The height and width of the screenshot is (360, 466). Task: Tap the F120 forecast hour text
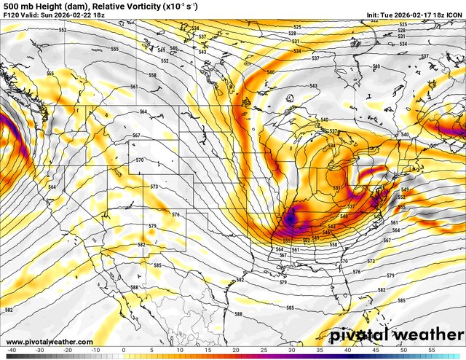11,15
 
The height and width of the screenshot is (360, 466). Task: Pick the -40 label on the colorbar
11,350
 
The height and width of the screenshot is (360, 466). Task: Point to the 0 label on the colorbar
123,350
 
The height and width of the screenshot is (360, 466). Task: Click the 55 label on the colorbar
431,350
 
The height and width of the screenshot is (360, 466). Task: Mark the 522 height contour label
374,21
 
